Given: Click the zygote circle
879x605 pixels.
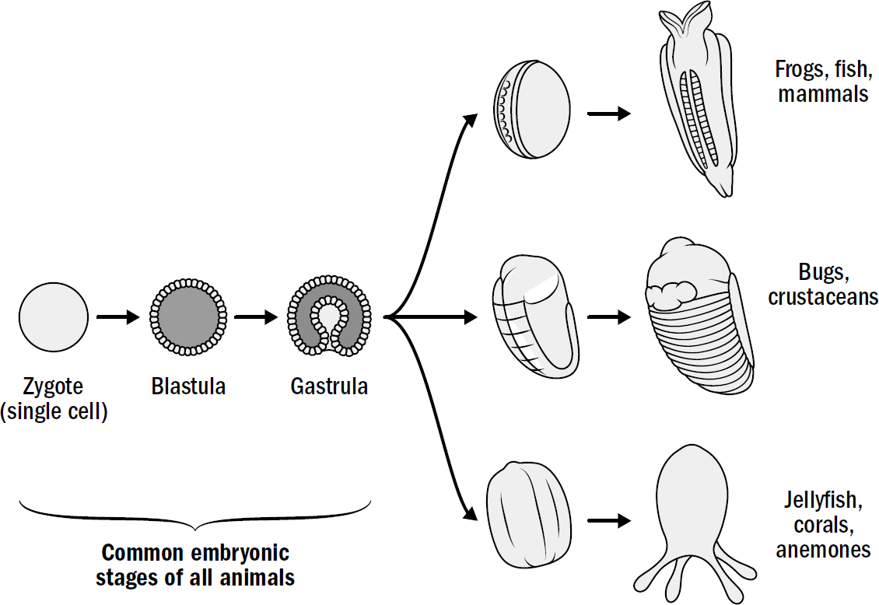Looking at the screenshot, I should (54, 317).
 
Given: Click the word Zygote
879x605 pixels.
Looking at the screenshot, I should (53, 386).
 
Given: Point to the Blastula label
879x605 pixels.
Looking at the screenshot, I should (188, 386).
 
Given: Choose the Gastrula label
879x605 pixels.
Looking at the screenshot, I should (329, 386).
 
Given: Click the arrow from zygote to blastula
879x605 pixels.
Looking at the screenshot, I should (117, 317).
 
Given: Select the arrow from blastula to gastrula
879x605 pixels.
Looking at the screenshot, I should (256, 317).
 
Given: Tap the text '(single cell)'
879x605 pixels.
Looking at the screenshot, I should (54, 411).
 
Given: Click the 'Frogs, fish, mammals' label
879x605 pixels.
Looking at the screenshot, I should (821, 82).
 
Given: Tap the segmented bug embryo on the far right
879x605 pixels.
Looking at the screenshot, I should (698, 319).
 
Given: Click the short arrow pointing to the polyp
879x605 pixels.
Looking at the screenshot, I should (609, 519).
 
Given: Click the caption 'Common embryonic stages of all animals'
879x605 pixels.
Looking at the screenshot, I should (195, 565).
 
